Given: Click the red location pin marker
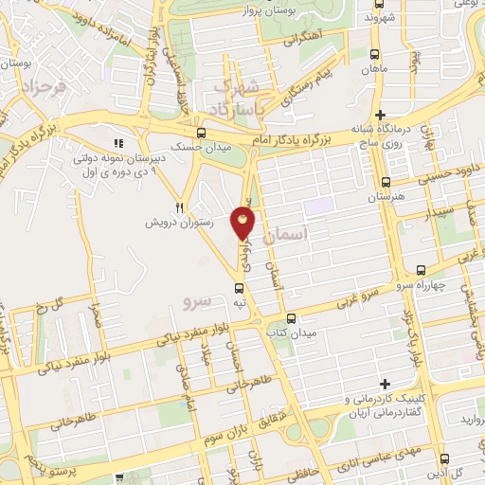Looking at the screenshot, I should pyautogui.click(x=243, y=224).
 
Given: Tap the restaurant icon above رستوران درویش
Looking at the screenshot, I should pyautogui.click(x=180, y=206).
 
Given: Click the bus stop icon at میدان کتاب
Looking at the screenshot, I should pyautogui.click(x=291, y=318).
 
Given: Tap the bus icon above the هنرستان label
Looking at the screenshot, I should pyautogui.click(x=385, y=183).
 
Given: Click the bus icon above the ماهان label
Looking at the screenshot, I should pyautogui.click(x=376, y=54).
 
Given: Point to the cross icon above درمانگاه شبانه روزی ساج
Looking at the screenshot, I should pyautogui.click(x=379, y=114).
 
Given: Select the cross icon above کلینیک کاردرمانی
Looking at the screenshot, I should pyautogui.click(x=385, y=384).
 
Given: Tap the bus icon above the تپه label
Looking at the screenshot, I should pyautogui.click(x=238, y=285).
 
